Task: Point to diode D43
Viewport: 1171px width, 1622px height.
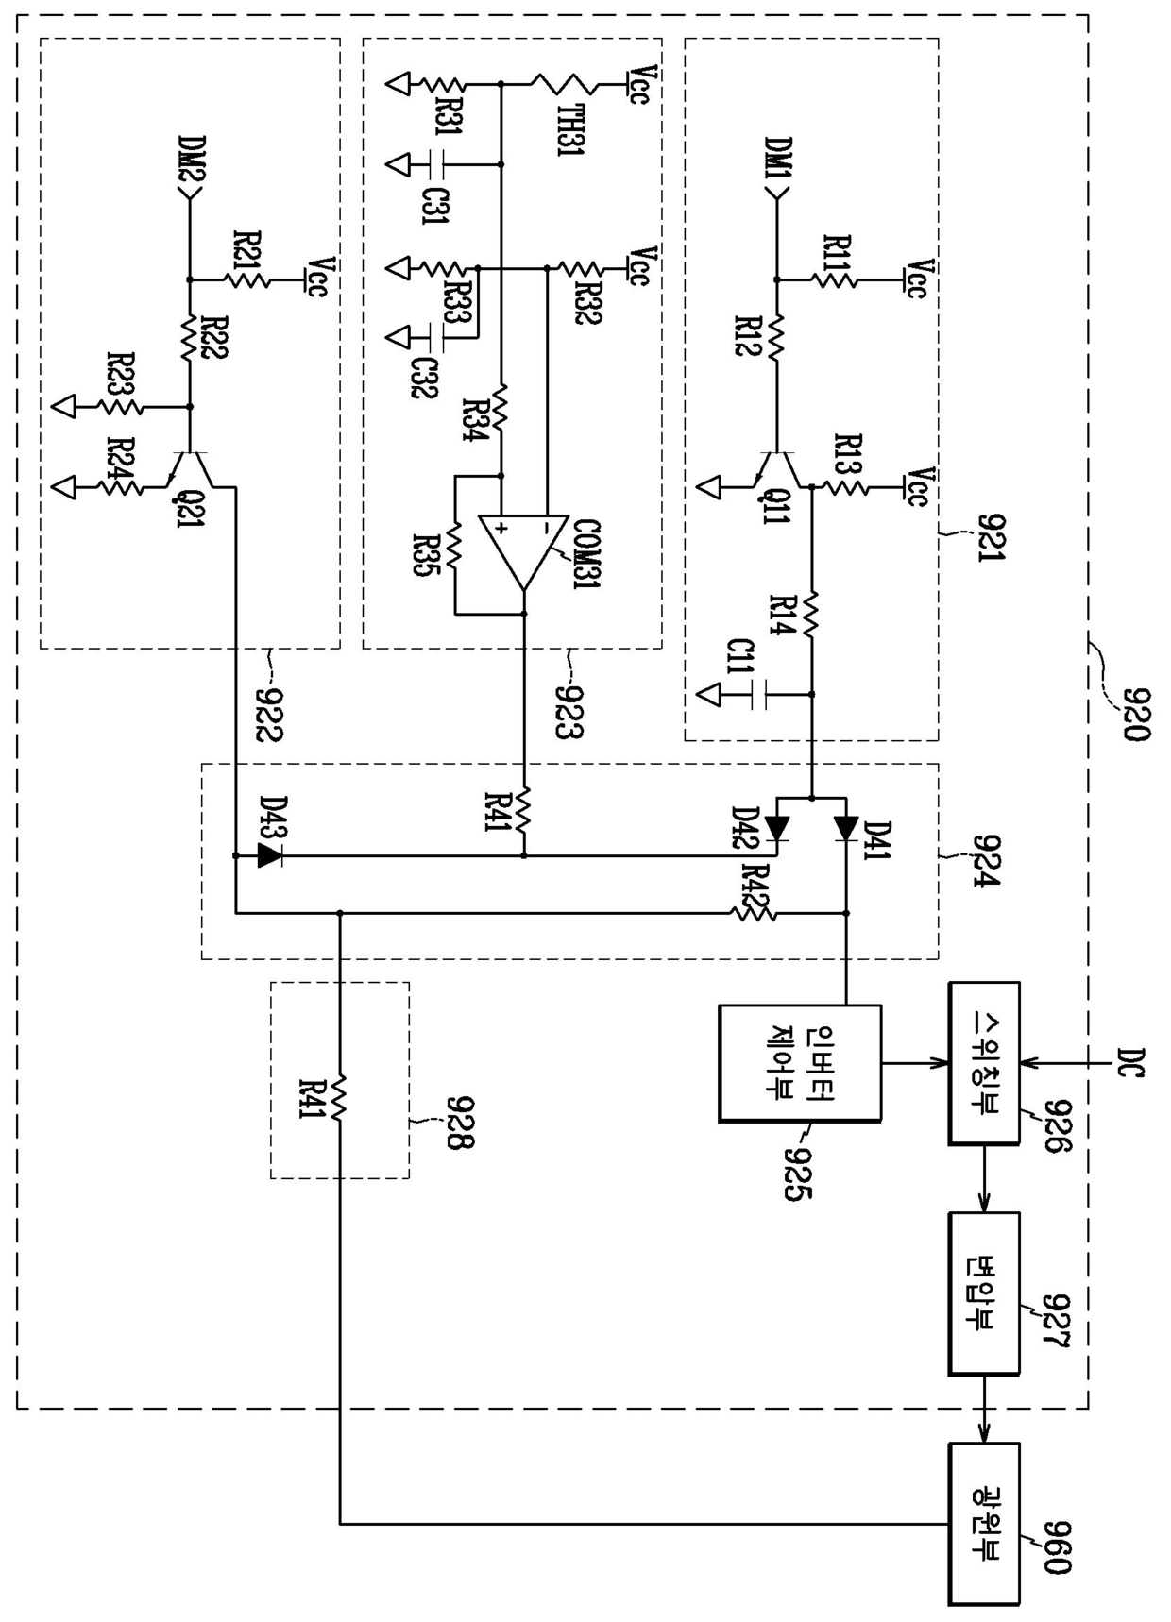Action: tap(270, 856)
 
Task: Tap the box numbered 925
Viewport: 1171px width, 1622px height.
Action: tap(800, 1062)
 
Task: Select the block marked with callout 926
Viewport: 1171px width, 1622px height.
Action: tap(984, 1062)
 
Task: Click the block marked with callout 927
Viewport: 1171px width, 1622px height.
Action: tap(984, 1293)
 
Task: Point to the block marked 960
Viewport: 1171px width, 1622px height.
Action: tap(984, 1523)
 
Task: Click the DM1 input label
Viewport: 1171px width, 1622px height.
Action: tap(780, 161)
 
